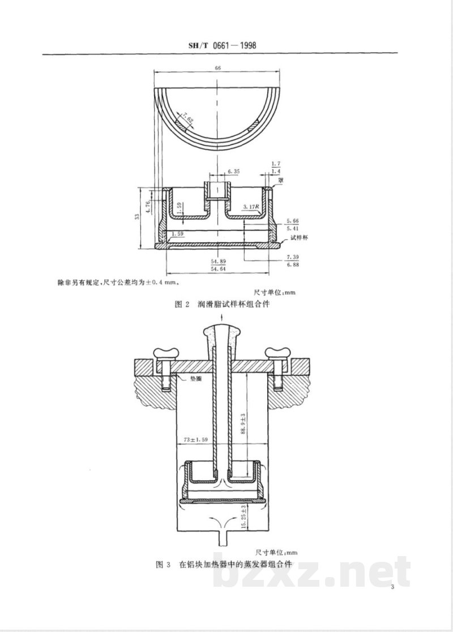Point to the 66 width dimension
click(217, 68)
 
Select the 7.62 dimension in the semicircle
click(187, 119)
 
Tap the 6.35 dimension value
click(234, 171)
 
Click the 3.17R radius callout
click(250, 207)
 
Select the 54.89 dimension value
click(218, 262)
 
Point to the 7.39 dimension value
click(293, 257)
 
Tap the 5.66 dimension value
click(293, 221)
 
